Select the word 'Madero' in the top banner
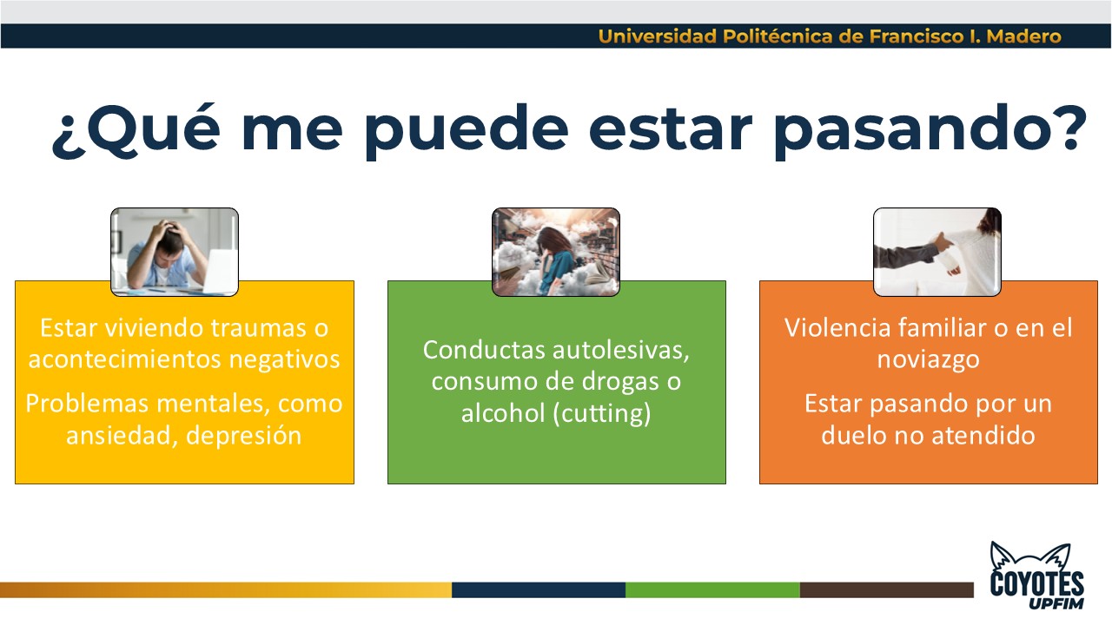[1023, 36]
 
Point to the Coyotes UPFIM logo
[1037, 576]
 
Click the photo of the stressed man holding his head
[175, 252]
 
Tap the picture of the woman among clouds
[555, 252]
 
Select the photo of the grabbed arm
[937, 252]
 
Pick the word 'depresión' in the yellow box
[243, 436]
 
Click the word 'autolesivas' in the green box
[620, 350]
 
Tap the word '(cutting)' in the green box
[602, 413]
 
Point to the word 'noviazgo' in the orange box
[929, 359]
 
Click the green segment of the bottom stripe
[712, 589]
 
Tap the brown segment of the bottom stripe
[887, 589]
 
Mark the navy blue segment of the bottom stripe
[539, 589]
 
